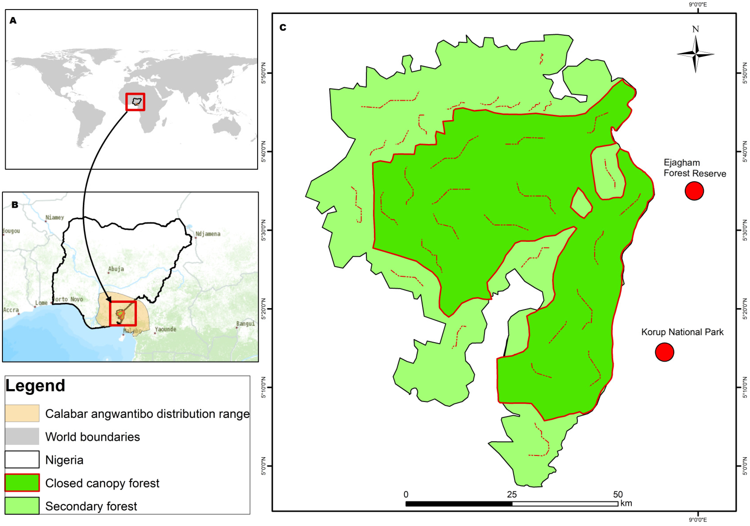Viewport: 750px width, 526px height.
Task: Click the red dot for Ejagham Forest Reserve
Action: tap(694, 191)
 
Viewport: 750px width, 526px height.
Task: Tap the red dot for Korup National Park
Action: tap(664, 352)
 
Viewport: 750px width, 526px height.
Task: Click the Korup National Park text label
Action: tap(682, 332)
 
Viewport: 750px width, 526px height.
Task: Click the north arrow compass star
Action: tap(696, 54)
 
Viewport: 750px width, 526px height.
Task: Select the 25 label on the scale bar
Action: tap(512, 494)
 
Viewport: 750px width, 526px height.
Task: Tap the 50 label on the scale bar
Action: tap(618, 494)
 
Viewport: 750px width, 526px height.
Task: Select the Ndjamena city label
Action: tap(208, 234)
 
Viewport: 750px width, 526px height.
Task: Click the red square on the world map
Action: tap(135, 102)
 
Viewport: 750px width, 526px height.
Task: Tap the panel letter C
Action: tap(283, 27)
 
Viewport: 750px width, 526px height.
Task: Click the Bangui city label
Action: tap(246, 324)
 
